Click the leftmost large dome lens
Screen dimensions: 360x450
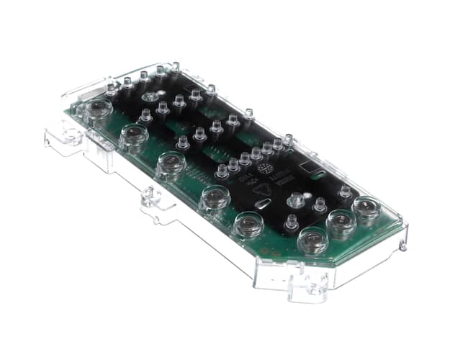[97, 109]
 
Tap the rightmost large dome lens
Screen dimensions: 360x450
[366, 210]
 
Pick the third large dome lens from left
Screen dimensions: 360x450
[171, 164]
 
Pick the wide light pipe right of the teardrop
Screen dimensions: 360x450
[296, 199]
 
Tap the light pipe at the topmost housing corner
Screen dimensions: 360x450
[174, 68]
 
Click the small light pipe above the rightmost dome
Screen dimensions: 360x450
[346, 192]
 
